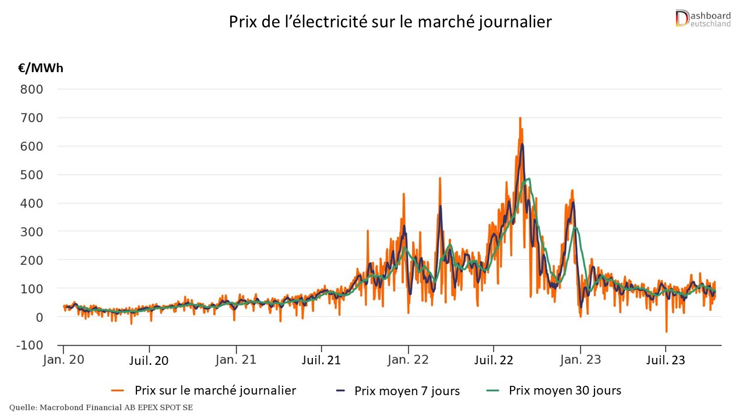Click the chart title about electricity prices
point(390,22)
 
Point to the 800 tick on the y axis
point(32,90)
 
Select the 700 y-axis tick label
point(32,118)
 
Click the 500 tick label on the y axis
point(32,175)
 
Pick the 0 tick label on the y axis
point(40,318)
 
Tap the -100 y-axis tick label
point(29,346)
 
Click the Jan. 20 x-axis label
point(64,360)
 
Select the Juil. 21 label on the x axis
point(321,360)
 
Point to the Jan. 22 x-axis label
point(408,360)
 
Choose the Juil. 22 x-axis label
point(494,360)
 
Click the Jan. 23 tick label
point(580,360)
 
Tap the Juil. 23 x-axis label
point(666,360)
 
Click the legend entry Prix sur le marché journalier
point(215,390)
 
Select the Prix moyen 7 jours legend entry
point(407,391)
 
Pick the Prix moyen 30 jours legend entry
point(565,390)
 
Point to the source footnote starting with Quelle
point(101,408)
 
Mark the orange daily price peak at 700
point(520,118)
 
